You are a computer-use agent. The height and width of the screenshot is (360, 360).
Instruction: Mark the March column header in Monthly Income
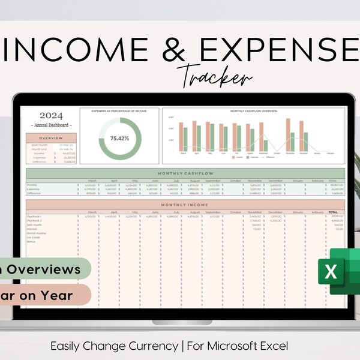[x=92, y=212]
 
